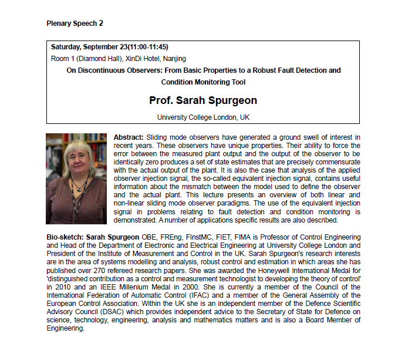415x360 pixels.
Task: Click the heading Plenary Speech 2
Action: (x=75, y=23)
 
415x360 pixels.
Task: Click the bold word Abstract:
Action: (x=129, y=137)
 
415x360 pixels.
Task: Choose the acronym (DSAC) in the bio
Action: (x=125, y=313)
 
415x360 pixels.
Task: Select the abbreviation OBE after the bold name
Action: (x=149, y=237)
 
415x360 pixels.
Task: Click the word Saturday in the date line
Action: (x=66, y=46)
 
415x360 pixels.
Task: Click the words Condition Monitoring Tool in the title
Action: (x=204, y=82)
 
